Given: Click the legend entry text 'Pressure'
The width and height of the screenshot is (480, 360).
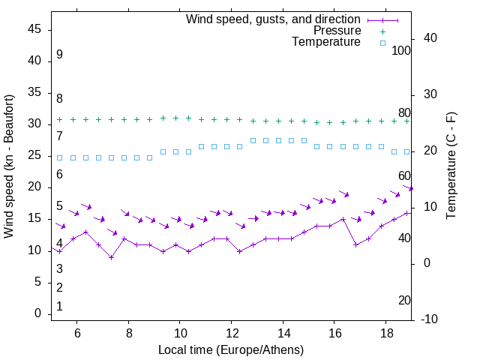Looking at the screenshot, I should click(x=337, y=31).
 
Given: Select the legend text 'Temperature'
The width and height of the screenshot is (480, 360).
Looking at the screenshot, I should click(x=326, y=42).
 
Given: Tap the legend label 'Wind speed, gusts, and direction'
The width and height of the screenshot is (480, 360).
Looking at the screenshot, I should click(x=274, y=19).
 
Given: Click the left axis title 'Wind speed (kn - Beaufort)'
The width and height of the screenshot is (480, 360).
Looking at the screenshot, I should click(x=9, y=166).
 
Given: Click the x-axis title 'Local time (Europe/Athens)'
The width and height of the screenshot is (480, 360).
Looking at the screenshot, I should click(x=231, y=349).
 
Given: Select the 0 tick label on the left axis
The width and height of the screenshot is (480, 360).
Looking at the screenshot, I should click(x=38, y=313).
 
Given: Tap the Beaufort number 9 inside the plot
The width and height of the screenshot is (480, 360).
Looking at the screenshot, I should click(x=59, y=55).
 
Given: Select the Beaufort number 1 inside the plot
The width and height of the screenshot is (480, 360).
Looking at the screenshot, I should click(x=59, y=307).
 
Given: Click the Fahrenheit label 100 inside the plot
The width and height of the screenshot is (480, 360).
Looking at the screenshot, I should click(x=401, y=51).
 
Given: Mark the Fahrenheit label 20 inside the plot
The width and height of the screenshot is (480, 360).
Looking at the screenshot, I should click(x=404, y=301).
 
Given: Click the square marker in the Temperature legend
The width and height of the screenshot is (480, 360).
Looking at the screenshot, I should click(x=382, y=43).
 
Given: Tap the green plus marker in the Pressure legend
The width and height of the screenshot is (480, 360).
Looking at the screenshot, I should click(x=382, y=31).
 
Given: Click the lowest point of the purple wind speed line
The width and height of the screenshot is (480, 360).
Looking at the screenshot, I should click(x=111, y=257).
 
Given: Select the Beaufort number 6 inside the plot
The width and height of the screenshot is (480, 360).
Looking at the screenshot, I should click(x=59, y=175).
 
